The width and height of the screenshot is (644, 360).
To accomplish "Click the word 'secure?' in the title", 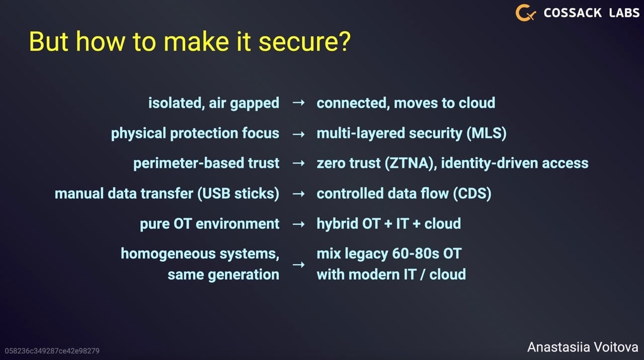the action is (x=304, y=42).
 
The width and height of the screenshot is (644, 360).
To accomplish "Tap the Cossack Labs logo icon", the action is (x=526, y=13).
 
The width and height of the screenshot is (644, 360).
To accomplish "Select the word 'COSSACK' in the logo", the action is (x=573, y=13).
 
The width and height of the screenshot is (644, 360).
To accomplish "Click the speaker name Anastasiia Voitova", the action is (x=583, y=347).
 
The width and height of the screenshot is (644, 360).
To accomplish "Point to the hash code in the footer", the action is (x=52, y=351).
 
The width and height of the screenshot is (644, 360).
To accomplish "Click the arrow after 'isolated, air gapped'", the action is (x=298, y=102).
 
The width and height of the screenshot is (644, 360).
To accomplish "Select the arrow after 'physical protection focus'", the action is (x=298, y=134).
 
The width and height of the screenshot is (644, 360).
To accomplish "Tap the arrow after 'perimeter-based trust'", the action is (x=298, y=163).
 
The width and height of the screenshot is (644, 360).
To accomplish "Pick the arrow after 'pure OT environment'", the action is (x=298, y=224).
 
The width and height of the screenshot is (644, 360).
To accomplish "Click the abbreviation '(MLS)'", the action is (x=486, y=133).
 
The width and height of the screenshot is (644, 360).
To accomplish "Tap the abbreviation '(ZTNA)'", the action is (x=411, y=164).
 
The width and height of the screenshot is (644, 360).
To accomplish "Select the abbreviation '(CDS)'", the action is (x=472, y=193).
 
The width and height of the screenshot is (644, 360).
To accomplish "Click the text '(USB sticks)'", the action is (x=238, y=193).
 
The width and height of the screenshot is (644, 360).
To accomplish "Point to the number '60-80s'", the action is (x=416, y=254).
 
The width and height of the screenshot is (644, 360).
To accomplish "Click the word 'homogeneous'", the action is (x=168, y=254).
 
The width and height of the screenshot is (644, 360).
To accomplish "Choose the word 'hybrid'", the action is (x=337, y=224).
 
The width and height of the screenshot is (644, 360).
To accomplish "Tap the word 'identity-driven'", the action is (x=490, y=164).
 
